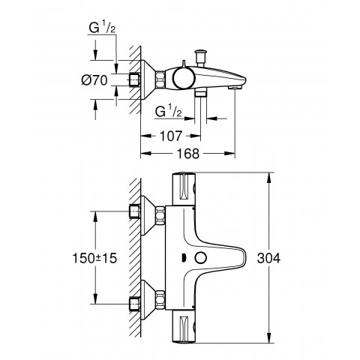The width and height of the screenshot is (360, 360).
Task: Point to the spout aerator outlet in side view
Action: [234, 88]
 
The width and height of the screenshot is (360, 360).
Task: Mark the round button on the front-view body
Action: [201, 259]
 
